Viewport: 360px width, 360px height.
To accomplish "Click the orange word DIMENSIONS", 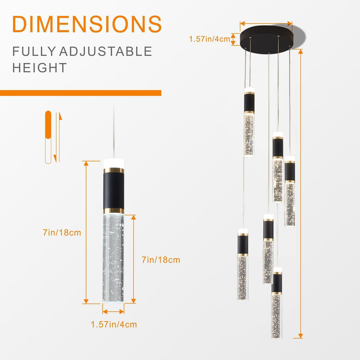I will [87, 24].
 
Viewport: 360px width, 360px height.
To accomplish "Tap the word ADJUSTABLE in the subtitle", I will [105, 51].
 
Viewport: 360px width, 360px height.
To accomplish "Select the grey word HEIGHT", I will [39, 68].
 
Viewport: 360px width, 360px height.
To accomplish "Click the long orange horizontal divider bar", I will [81, 93].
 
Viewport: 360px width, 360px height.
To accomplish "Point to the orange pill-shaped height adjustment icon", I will [48, 125].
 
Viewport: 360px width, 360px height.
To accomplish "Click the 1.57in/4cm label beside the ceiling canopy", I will [210, 39].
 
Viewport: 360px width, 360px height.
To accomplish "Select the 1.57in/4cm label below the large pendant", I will [114, 324].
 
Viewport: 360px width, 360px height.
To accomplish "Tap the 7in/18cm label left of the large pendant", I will [62, 233].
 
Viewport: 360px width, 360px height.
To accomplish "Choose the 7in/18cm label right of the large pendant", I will [161, 260].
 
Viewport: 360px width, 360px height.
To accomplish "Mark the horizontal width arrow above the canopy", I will [266, 24].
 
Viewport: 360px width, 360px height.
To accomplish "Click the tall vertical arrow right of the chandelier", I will [300, 193].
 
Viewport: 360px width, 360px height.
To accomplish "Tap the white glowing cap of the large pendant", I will [114, 164].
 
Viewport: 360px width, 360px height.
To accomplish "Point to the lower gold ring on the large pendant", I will [114, 211].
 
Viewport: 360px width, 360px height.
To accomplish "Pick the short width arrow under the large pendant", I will [113, 311].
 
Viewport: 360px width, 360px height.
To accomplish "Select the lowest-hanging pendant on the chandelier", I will [277, 303].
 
